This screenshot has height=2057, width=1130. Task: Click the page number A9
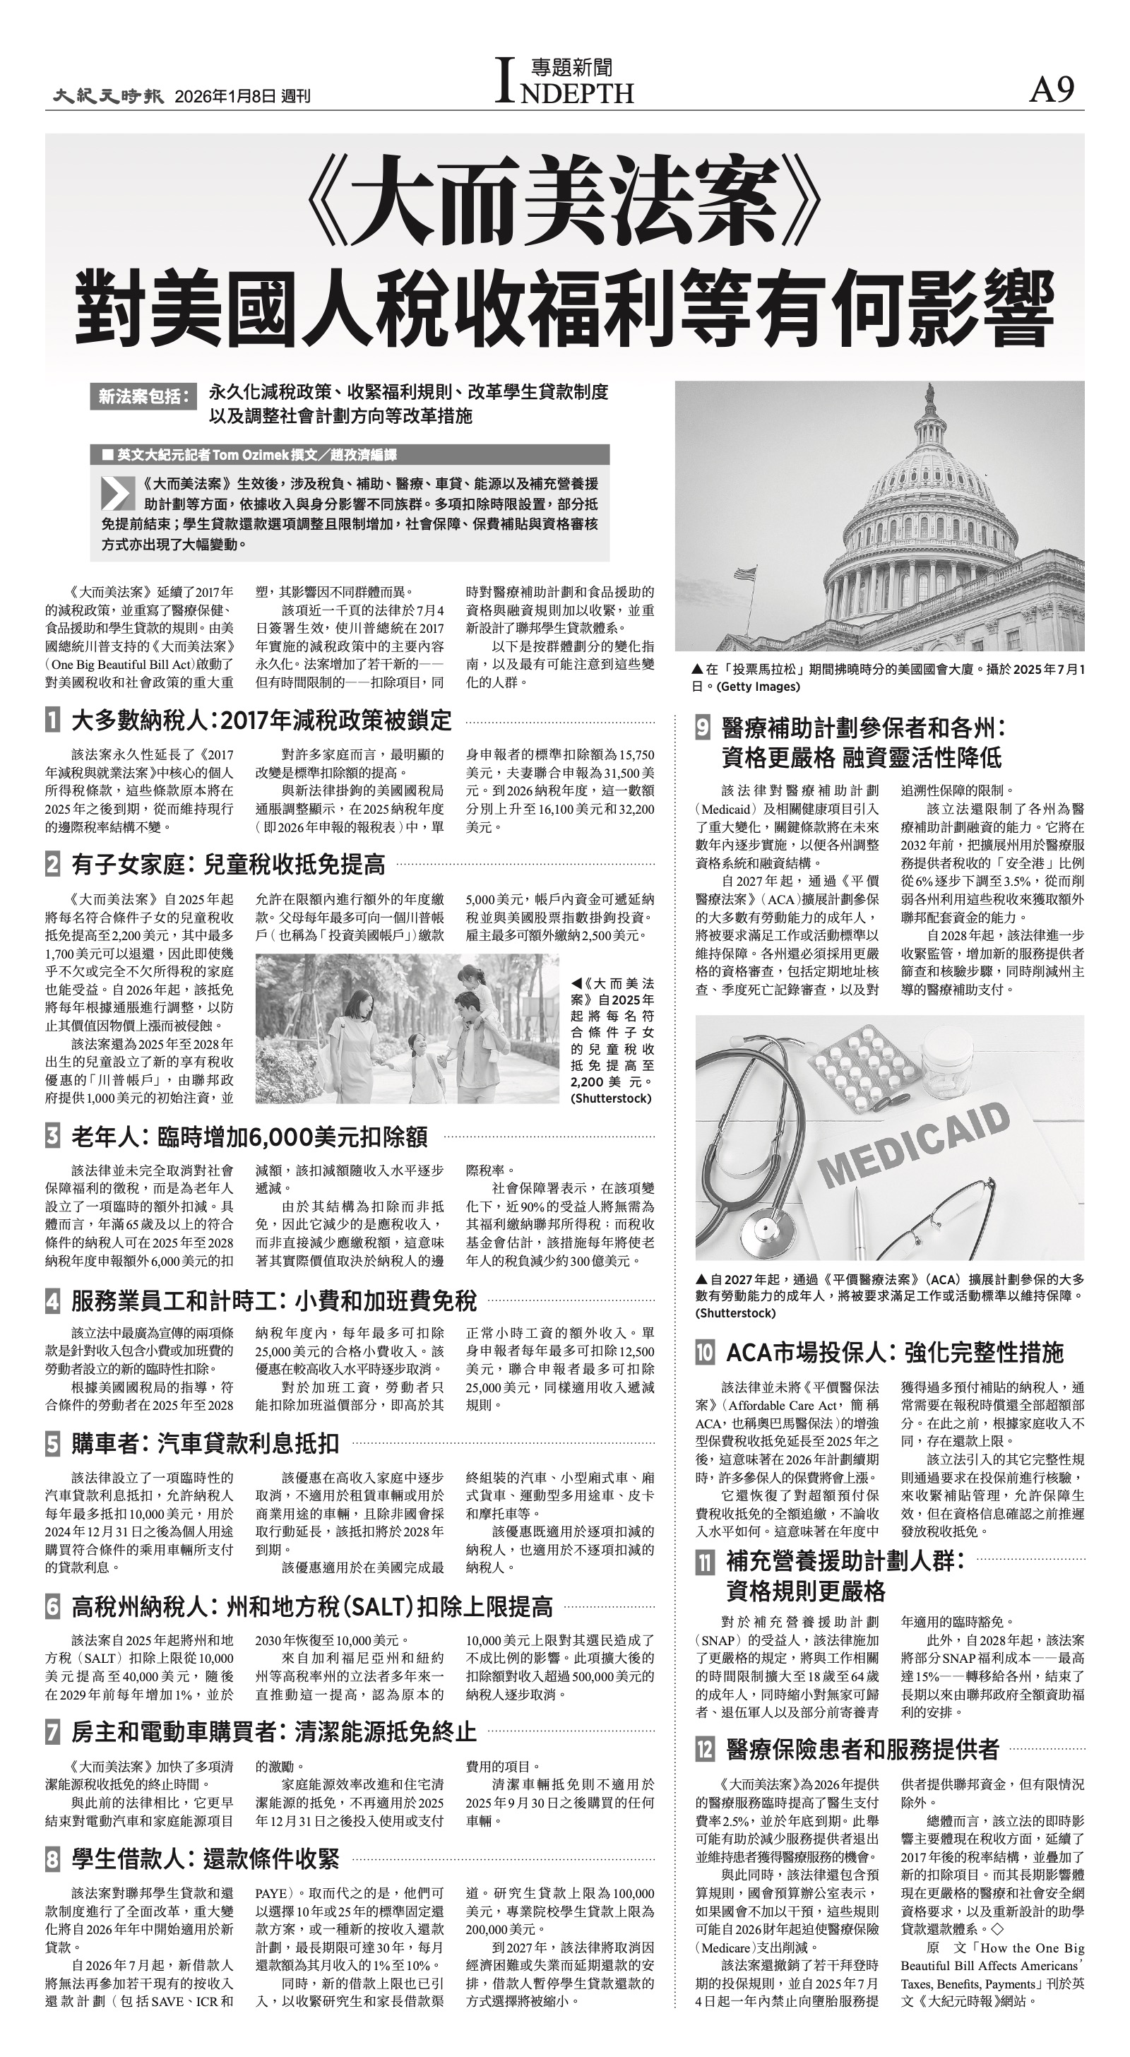pyautogui.click(x=1052, y=90)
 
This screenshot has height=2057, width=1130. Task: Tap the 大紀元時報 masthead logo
pyautogui.click(x=109, y=96)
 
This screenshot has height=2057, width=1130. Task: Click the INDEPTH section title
pyautogui.click(x=564, y=83)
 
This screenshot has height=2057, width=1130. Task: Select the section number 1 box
pyautogui.click(x=53, y=721)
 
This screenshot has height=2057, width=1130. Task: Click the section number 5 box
pyautogui.click(x=53, y=1444)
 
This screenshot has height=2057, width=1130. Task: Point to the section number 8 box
pyautogui.click(x=53, y=1860)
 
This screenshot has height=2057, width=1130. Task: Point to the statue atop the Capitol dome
pyautogui.click(x=929, y=393)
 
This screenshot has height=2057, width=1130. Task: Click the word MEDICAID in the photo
pyautogui.click(x=916, y=1144)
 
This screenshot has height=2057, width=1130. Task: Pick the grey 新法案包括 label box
pyautogui.click(x=143, y=397)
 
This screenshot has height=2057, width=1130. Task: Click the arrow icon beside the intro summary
pyautogui.click(x=117, y=494)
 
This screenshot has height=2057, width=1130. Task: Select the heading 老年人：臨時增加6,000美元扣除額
pyautogui.click(x=249, y=1137)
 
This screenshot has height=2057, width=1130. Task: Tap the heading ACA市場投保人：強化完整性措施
pyautogui.click(x=894, y=1352)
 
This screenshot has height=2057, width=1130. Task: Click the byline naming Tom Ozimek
pyautogui.click(x=256, y=455)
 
